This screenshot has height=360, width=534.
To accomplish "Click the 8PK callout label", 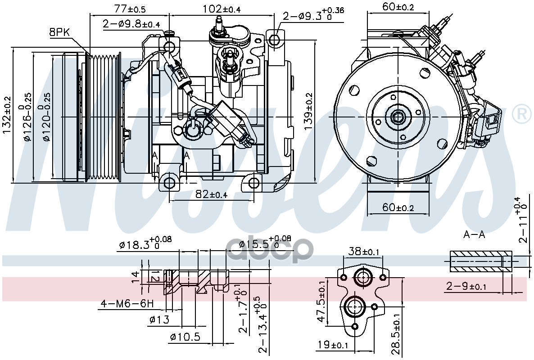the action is click(59, 33).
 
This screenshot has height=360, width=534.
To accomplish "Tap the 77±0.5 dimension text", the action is click(130, 9).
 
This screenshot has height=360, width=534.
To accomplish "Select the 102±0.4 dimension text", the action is click(222, 9).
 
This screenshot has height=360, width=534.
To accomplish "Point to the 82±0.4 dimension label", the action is click(211, 194).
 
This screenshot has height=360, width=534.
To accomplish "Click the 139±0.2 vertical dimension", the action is click(308, 111).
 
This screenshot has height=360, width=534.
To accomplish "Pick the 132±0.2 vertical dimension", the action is click(7, 115).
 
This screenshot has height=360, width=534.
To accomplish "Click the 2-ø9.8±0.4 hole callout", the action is click(131, 24).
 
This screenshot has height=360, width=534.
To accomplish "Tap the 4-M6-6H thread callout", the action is click(127, 303).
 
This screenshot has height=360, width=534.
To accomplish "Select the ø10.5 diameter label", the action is click(185, 337).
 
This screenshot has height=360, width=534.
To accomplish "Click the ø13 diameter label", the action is click(159, 319).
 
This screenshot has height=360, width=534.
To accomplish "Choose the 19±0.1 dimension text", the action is click(333, 345).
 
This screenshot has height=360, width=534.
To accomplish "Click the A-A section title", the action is click(474, 234).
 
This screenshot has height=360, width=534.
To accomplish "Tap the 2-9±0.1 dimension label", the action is click(466, 286).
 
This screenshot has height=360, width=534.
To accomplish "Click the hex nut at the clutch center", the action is click(398, 117).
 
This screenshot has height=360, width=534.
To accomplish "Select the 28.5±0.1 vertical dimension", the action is click(396, 334).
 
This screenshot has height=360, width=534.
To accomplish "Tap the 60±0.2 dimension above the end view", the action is click(398, 6).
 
